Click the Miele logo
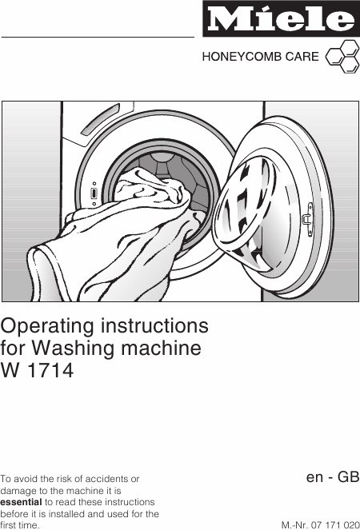coord(281,19)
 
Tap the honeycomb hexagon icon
coord(342,57)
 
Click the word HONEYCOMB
coord(242,57)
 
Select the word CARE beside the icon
coord(302,57)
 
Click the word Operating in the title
coord(47,327)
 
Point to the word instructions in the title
coord(154,326)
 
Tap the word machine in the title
coord(162,348)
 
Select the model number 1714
coord(50,370)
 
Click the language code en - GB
coord(333,477)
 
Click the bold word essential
coord(21,502)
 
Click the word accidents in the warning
coord(110,479)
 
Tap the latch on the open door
coord(308,219)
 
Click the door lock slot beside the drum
coord(94,193)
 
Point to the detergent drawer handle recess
coord(99,121)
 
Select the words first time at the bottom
coord(20,526)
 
